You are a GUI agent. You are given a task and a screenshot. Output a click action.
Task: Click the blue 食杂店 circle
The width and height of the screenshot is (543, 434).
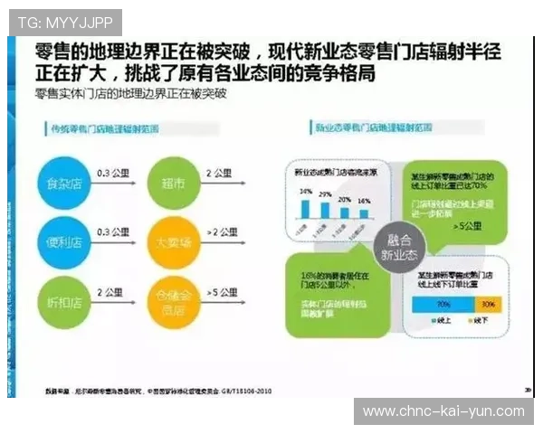coord(64,185)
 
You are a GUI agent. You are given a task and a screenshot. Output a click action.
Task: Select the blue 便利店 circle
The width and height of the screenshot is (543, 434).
coord(64,242)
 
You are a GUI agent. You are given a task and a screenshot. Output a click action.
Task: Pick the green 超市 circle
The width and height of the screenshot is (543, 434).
coord(173,185)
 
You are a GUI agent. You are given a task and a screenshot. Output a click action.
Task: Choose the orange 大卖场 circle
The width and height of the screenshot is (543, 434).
coord(173,242)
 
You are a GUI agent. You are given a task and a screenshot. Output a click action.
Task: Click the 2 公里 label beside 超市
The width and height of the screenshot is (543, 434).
coord(220,173)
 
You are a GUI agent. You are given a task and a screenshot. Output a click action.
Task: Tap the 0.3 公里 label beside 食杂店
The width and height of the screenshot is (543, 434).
coord(115,173)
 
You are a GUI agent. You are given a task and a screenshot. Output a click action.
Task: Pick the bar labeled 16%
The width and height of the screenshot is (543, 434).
coord(363,213)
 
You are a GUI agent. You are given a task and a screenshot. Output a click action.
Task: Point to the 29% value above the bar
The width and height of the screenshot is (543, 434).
coord(344,196)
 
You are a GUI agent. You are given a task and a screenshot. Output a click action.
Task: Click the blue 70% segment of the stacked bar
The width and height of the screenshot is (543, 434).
coord(443,305)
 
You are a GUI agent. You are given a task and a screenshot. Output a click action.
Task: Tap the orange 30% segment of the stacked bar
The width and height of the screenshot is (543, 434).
coord(489,305)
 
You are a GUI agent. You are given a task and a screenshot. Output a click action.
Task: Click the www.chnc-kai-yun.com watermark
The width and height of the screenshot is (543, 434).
coord(443,411)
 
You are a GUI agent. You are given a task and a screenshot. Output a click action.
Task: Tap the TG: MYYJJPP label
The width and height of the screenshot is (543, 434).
coord(64,20)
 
